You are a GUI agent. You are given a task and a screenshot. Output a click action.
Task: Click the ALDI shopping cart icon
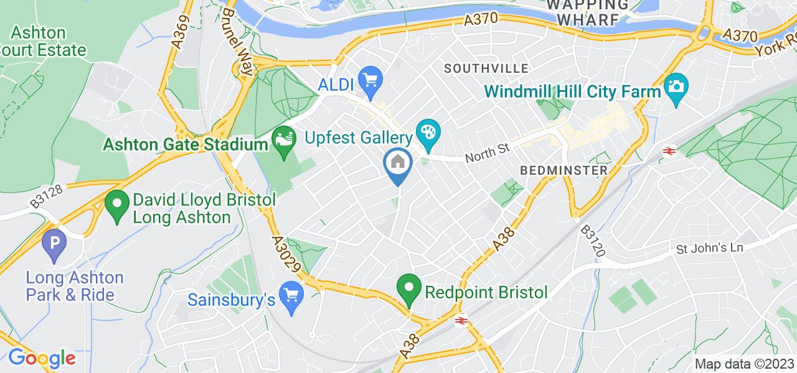372,79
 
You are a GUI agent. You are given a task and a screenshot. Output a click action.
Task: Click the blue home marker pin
397,163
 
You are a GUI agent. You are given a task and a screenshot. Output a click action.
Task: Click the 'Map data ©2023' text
744,364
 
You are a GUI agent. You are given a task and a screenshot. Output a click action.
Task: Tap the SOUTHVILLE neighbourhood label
486,68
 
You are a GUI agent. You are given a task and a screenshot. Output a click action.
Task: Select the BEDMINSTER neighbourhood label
564,170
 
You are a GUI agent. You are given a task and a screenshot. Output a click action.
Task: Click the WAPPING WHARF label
583,12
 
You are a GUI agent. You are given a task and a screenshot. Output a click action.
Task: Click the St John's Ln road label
710,247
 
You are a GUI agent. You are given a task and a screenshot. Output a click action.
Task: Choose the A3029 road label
287,253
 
